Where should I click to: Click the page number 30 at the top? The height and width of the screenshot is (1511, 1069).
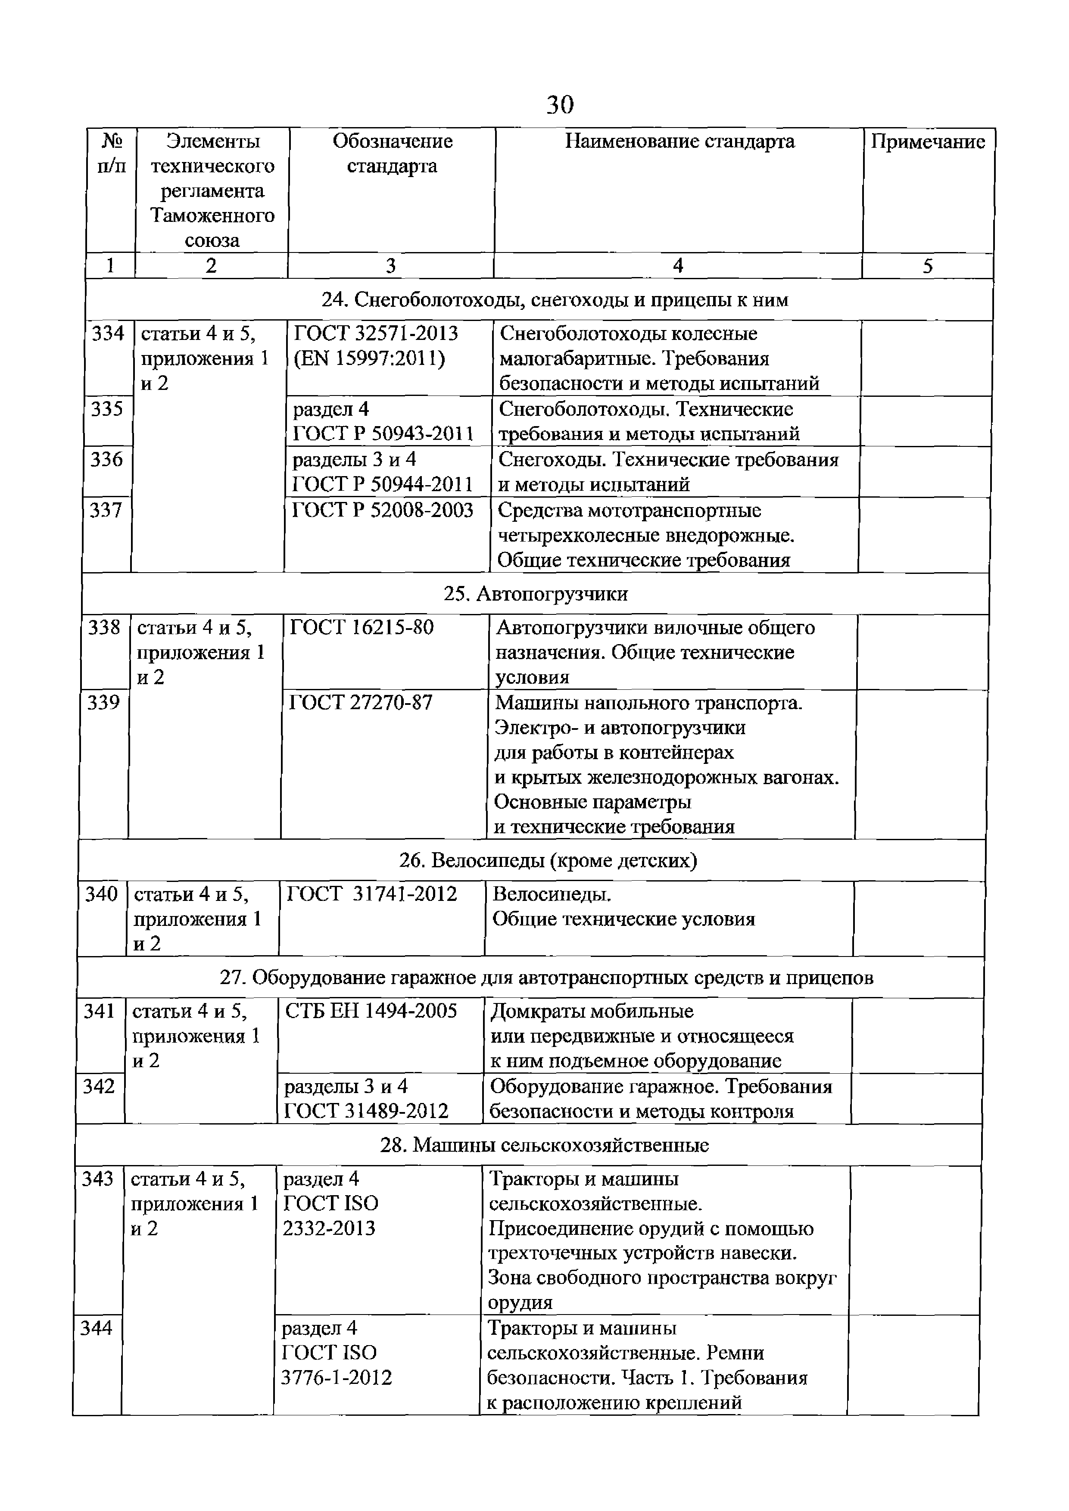[x=560, y=105]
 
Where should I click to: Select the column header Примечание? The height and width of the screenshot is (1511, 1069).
[x=928, y=141]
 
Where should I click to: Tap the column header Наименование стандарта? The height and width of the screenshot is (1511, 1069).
[x=679, y=141]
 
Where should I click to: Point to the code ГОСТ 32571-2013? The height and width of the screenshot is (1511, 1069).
[x=375, y=333]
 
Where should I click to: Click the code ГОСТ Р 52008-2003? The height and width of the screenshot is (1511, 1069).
[x=383, y=510]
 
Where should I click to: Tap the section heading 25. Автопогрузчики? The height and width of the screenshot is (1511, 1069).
[x=535, y=594]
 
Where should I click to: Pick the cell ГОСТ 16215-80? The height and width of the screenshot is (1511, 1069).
[x=362, y=628]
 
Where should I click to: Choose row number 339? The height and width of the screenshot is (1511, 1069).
[x=104, y=703]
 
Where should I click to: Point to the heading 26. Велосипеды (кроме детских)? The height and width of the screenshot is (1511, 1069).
[x=548, y=861]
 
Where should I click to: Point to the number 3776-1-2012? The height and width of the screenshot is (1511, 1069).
[x=337, y=1377]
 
